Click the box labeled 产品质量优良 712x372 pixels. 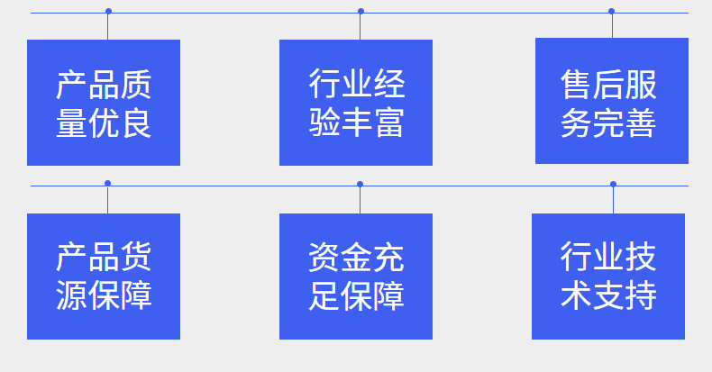pyautogui.click(x=104, y=103)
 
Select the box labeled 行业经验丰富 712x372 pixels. pyautogui.click(x=356, y=103)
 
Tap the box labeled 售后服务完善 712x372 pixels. pyautogui.click(x=611, y=101)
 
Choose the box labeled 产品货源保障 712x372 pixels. pyautogui.click(x=104, y=277)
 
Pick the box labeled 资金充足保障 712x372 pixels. pyautogui.click(x=356, y=277)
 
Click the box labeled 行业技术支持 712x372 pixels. pyautogui.click(x=608, y=277)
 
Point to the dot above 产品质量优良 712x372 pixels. pyautogui.click(x=108, y=12)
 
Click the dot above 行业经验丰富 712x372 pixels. pyautogui.click(x=361, y=12)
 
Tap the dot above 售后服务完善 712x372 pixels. pyautogui.click(x=611, y=12)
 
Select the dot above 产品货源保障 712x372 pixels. pyautogui.click(x=107, y=184)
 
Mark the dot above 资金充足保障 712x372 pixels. pyautogui.click(x=360, y=184)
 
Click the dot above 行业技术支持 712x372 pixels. pyautogui.click(x=613, y=184)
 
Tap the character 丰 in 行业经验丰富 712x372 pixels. pyautogui.click(x=357, y=122)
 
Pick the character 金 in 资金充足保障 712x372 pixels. pyautogui.click(x=357, y=259)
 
